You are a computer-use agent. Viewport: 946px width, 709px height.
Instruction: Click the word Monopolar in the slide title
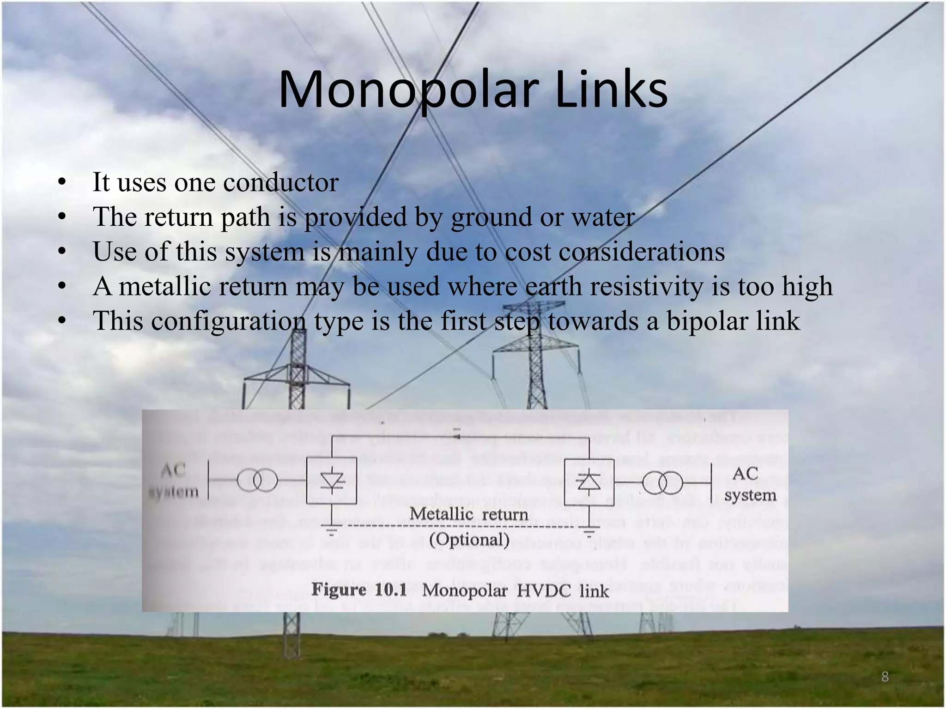(409, 90)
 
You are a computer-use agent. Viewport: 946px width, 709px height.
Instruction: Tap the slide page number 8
(885, 677)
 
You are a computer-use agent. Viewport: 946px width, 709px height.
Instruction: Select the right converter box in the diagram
(589, 482)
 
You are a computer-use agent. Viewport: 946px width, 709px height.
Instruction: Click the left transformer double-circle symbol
(257, 481)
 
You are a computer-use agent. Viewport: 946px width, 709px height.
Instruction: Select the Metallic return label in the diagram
(468, 514)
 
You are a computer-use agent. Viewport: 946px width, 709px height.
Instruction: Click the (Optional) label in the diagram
(469, 539)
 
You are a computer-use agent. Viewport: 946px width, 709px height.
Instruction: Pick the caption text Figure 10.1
(359, 589)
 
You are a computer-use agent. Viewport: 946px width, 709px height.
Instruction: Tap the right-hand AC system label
(750, 484)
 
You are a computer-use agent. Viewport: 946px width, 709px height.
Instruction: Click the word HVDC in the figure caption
(543, 590)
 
